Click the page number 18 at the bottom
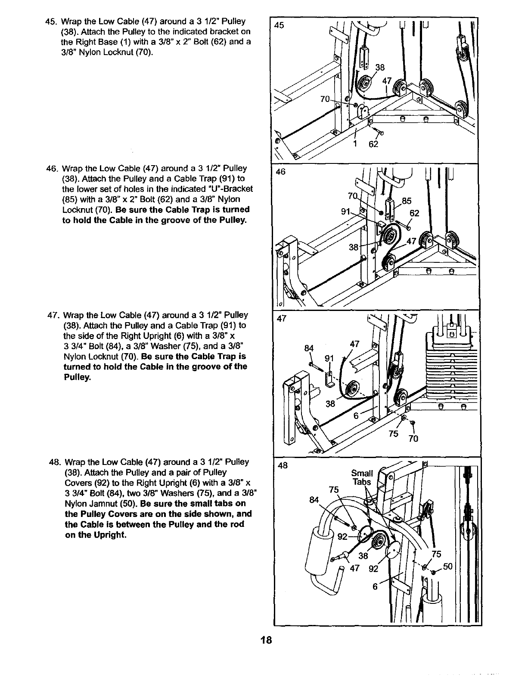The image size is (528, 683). (x=266, y=640)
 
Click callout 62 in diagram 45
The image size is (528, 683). (x=373, y=144)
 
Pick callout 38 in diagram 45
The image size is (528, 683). (x=380, y=67)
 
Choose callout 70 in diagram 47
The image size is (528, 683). (x=413, y=439)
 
